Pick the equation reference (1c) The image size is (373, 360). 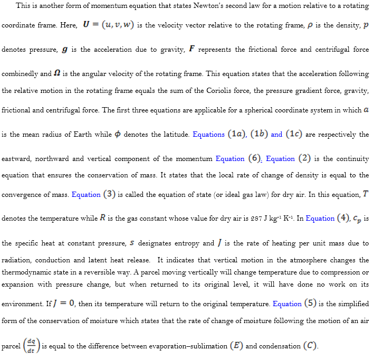tap(294, 134)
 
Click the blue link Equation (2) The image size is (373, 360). tap(288, 158)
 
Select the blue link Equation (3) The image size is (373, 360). tap(93, 194)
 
